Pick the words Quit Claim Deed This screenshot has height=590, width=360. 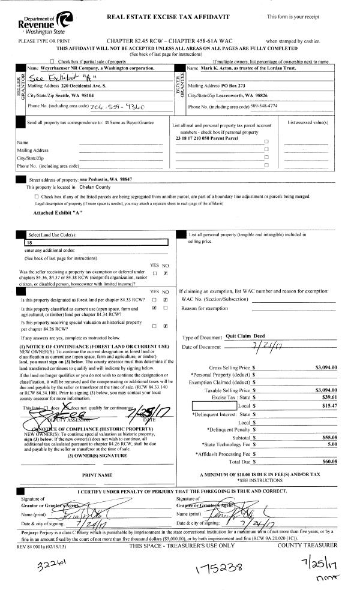pos(249,336)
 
